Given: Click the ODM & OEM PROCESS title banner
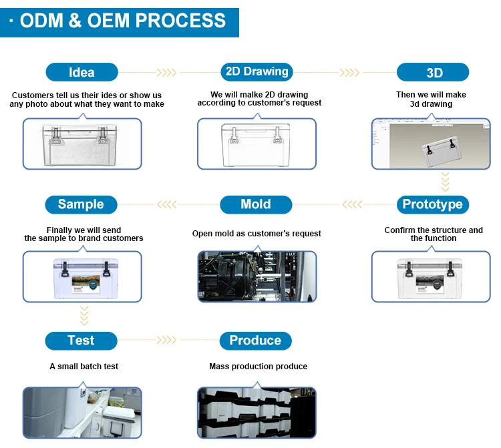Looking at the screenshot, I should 120,21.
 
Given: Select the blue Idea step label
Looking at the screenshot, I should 81,72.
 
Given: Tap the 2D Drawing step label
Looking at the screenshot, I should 257,72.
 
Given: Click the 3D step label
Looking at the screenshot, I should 434,72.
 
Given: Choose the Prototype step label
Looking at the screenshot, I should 433,204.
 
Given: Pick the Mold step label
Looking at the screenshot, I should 256,204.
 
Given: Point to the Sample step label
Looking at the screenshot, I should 81,204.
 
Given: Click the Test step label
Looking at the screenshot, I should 81,341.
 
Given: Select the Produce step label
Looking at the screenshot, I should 255,341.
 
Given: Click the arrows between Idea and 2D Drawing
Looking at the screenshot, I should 167,72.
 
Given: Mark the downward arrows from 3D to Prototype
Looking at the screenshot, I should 445,181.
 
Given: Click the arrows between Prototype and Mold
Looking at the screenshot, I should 352,204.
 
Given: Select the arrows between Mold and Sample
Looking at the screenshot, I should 167,204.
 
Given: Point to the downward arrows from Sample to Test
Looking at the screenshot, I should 84,315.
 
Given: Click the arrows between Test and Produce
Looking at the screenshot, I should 167,341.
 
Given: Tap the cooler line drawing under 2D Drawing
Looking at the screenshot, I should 256,144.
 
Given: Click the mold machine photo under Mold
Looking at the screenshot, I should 256,276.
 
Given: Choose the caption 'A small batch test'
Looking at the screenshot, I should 84,367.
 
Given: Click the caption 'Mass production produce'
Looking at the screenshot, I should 259,367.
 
